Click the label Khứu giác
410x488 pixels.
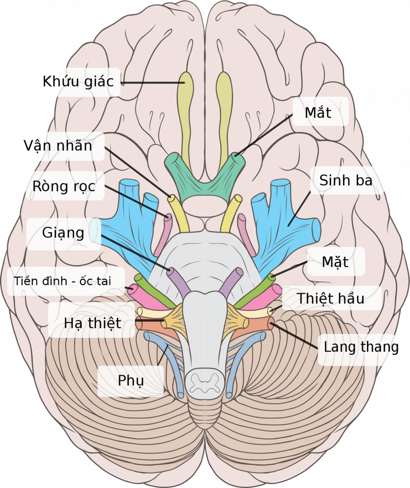pyautogui.click(x=78, y=81)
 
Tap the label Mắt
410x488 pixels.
pyautogui.click(x=318, y=113)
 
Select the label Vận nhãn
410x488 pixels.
pyautogui.click(x=57, y=146)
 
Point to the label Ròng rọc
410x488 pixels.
pyautogui.click(x=64, y=186)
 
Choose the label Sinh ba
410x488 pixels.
pyautogui.click(x=346, y=180)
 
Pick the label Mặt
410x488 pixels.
pyautogui.click(x=335, y=262)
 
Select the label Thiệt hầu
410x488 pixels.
pyautogui.click(x=331, y=298)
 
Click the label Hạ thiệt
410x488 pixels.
pyautogui.click(x=93, y=323)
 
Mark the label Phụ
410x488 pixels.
pyautogui.click(x=131, y=381)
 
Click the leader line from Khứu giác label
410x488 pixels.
pyautogui.click(x=151, y=82)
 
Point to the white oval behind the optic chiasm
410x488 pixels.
pyautogui.click(x=204, y=207)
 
